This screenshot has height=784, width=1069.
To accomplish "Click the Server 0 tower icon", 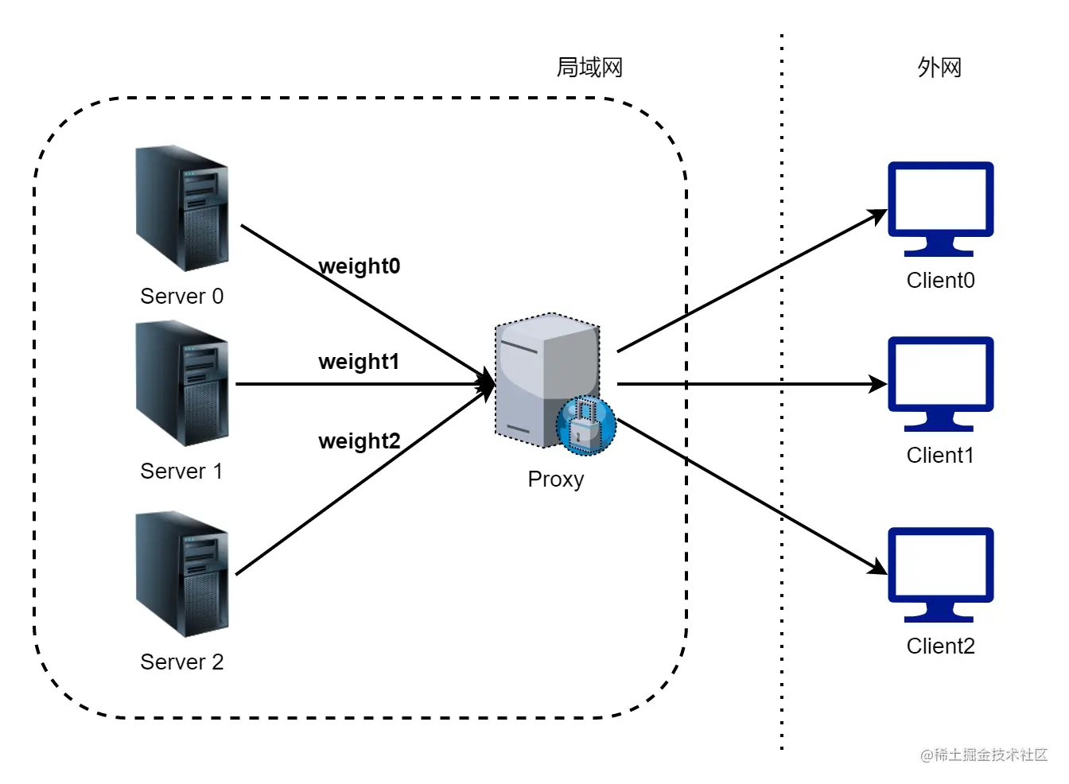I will (183, 208).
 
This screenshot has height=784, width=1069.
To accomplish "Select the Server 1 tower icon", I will (183, 383).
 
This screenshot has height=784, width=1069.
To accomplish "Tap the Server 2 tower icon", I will (183, 574).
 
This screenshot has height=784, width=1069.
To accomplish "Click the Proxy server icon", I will (547, 380).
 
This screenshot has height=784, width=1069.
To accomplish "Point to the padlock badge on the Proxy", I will (586, 425).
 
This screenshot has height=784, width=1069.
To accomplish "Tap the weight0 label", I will (360, 266).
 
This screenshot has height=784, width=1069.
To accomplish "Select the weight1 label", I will (359, 362).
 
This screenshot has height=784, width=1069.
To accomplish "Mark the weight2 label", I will (360, 441).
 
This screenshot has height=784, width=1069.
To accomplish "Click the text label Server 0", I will (182, 297).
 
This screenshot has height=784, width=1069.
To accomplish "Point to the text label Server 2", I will (182, 662).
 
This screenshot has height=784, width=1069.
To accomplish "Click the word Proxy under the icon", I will (556, 479).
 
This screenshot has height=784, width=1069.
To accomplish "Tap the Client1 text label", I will (940, 456).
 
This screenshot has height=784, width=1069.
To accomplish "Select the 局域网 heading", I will (589, 68).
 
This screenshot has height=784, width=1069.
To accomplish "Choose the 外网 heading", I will (939, 68).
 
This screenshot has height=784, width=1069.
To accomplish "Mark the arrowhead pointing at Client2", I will (879, 568).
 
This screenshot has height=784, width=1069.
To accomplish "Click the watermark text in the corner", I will (984, 755).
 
